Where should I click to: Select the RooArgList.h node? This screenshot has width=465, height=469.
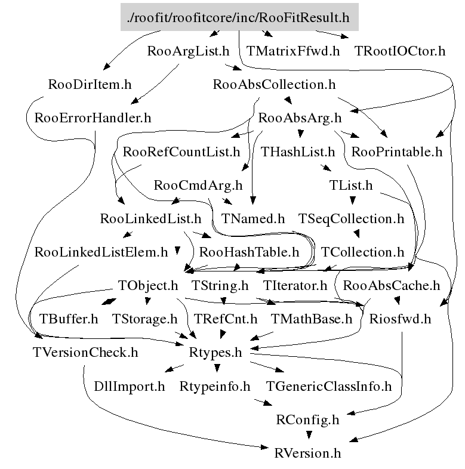[x=188, y=51]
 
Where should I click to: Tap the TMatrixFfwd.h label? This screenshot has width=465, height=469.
[x=292, y=51]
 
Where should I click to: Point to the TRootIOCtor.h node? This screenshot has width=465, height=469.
[x=399, y=51]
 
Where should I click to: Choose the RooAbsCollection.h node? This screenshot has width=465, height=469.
[x=274, y=84]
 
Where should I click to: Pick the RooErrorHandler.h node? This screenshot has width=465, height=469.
[x=93, y=118]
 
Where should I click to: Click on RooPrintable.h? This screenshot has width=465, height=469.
[x=397, y=152]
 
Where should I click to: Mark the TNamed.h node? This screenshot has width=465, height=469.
[x=253, y=218]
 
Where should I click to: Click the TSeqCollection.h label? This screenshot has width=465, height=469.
[x=351, y=218]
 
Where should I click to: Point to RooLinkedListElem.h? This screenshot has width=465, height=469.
[x=101, y=252]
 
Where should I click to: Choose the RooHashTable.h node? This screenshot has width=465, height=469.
[x=249, y=252]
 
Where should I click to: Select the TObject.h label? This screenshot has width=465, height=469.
[x=148, y=285]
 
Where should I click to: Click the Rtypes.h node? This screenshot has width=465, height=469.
[x=215, y=353]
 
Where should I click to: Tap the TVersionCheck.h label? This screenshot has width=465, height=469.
[x=85, y=353]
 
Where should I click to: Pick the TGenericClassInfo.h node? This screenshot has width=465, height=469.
[x=329, y=386]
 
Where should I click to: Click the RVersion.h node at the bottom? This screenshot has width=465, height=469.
[x=308, y=453]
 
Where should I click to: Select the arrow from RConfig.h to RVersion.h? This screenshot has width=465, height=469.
[x=308, y=436]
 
